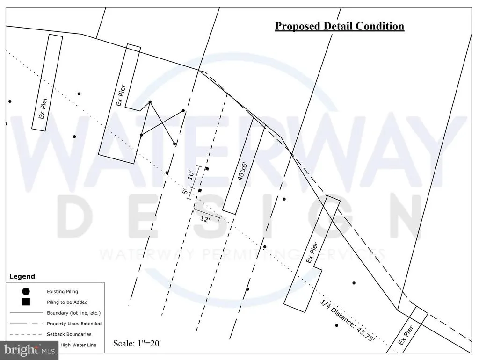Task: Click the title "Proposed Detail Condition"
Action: coord(340,26)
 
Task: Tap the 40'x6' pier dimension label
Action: coord(242,171)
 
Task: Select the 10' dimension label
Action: coord(191,175)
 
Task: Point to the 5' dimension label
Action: coord(185,192)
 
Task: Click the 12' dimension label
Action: coord(205,219)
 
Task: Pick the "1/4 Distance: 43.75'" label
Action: coord(348,320)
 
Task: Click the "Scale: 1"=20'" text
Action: coord(137,343)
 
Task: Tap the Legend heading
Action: coord(22,276)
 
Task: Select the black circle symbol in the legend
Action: coord(26,291)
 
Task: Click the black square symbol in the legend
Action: coord(26,302)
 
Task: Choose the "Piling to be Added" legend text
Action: coord(67,302)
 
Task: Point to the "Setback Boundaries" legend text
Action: coord(69,334)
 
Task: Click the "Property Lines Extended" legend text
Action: coord(74,324)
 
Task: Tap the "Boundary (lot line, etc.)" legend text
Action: coord(73,313)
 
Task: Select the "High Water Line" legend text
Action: coord(78,345)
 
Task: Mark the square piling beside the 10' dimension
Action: coord(207,169)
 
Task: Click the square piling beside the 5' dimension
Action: coord(200,190)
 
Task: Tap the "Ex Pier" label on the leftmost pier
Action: coord(43,108)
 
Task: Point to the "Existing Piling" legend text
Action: coord(62,292)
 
